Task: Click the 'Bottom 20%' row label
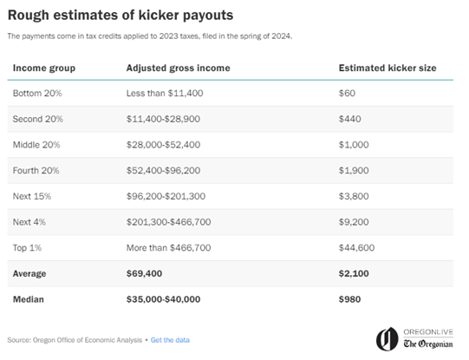(x=36, y=93)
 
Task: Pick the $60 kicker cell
(x=347, y=93)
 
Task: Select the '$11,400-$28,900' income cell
(x=164, y=118)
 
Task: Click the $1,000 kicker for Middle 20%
(x=353, y=143)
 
